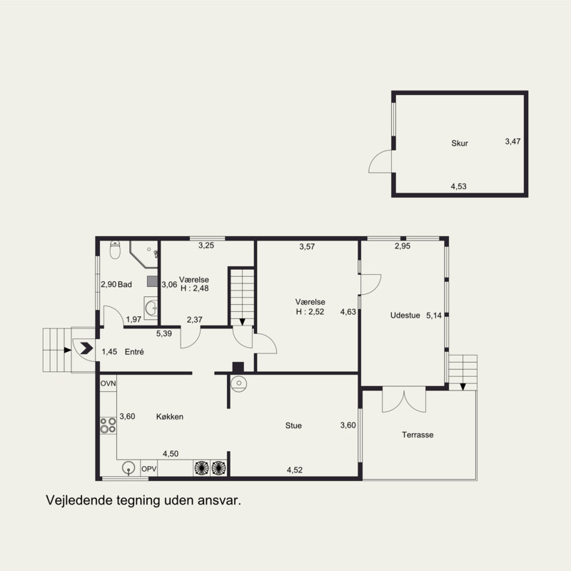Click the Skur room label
click(x=460, y=143)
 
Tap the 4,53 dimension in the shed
click(x=458, y=186)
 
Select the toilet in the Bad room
click(x=115, y=249)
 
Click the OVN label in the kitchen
click(x=108, y=383)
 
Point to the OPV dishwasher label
click(x=149, y=469)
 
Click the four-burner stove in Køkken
click(x=108, y=425)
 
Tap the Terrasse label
click(x=418, y=435)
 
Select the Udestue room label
click(x=405, y=315)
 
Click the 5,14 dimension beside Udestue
click(x=434, y=315)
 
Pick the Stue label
click(x=293, y=425)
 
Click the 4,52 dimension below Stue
click(x=295, y=470)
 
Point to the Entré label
click(x=134, y=352)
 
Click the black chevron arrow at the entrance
click(x=86, y=348)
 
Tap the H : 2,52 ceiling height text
click(x=310, y=312)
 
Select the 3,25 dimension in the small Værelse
click(x=206, y=246)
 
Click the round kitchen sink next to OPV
click(x=128, y=468)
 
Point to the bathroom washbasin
click(x=151, y=308)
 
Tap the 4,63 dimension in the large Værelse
click(x=348, y=312)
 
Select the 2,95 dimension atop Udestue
click(x=403, y=246)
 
